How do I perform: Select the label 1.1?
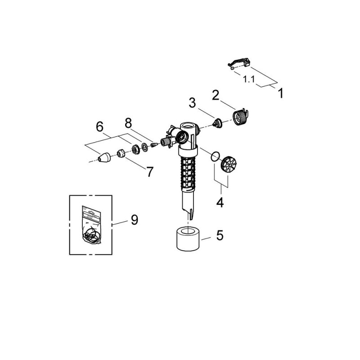click(249, 79)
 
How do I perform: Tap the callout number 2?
click(216, 95)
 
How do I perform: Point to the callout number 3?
click(193, 103)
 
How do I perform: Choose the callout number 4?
click(220, 202)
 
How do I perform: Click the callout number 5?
click(220, 235)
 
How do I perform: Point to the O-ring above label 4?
click(215, 156)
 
